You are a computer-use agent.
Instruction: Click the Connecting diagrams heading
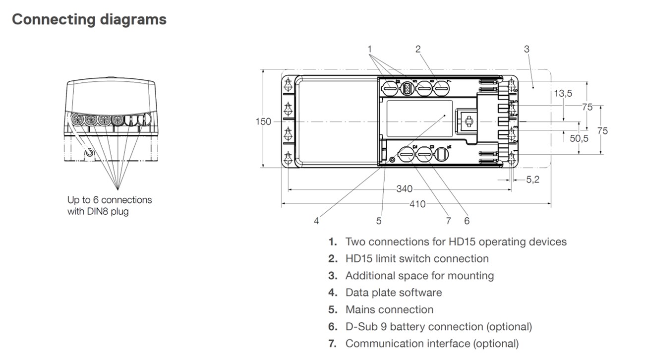[89, 20]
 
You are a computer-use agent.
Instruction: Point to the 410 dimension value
[418, 203]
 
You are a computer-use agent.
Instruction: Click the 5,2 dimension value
[532, 180]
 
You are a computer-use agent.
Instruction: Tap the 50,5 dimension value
[579, 138]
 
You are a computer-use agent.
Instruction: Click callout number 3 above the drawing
[527, 49]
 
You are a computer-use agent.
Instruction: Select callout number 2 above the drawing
[418, 49]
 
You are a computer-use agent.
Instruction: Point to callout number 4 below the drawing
[316, 221]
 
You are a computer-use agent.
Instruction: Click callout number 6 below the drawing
[467, 221]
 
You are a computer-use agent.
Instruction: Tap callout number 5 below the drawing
[379, 221]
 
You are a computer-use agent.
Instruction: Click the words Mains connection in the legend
[389, 309]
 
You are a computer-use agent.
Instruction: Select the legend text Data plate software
[393, 293]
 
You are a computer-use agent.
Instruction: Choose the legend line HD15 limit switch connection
[416, 259]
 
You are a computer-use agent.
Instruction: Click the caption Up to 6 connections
[110, 200]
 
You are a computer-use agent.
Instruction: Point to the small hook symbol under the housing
[89, 152]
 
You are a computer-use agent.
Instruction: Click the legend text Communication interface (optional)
[432, 343]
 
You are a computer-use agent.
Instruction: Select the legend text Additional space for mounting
[419, 276]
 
